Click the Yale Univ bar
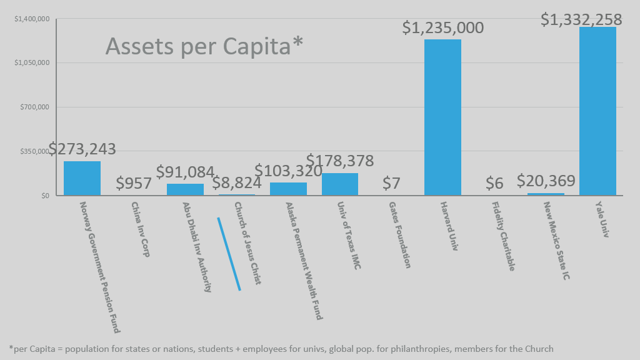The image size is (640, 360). tap(597, 111)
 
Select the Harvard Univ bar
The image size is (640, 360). tap(442, 117)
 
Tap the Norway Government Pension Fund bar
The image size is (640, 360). tap(82, 179)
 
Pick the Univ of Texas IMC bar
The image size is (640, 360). tap(340, 184)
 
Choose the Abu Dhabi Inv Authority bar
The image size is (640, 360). tap(185, 189)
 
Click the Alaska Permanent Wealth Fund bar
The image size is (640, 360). tap(288, 189)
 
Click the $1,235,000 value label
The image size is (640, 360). tap(442, 28)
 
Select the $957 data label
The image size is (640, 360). tap(134, 184)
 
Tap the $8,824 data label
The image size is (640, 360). tap(237, 183)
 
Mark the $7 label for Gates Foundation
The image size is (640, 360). tap(391, 184)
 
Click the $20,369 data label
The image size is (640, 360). tap(546, 181)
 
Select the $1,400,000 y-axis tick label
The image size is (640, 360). tap(31, 19)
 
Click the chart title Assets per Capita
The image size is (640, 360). tap(204, 46)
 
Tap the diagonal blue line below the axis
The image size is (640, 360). tap(229, 254)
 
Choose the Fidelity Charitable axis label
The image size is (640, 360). tap(503, 236)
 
